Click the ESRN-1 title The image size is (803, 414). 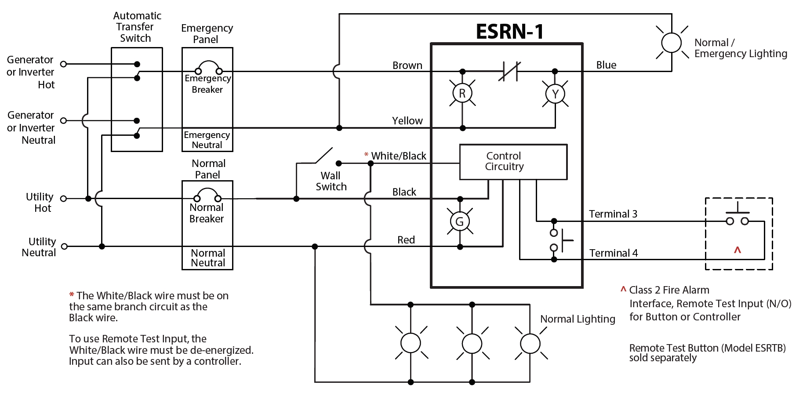point(509,32)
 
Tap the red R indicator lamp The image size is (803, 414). point(462,93)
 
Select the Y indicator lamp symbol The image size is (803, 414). point(555,94)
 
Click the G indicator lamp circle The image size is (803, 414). point(460,222)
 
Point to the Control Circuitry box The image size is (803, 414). point(513,162)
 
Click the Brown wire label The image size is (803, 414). point(407,65)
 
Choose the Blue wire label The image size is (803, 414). point(606,65)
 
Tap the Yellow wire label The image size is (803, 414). point(407,121)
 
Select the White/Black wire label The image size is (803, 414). point(398,156)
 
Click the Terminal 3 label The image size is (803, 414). point(613,214)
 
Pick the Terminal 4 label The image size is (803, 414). point(613,253)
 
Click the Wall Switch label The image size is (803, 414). point(331,181)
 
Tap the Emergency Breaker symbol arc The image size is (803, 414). point(209,65)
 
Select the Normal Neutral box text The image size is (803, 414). point(207,258)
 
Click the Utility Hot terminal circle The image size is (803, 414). point(63,199)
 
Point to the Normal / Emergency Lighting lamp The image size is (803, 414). point(671,43)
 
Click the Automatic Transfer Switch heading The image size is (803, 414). point(137,27)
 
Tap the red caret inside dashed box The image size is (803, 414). point(738,250)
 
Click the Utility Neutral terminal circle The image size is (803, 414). point(64,247)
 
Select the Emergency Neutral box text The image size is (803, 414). point(207,140)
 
